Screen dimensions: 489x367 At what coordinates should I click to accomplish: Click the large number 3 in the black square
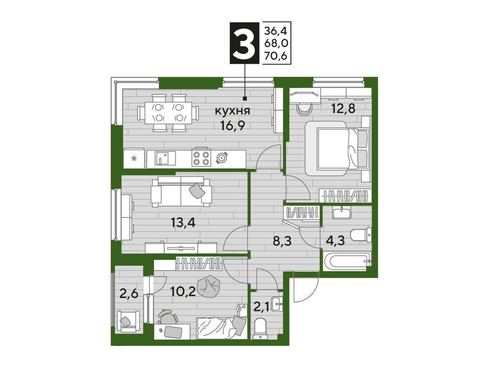pos(244,43)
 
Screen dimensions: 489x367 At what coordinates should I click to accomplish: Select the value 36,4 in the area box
pos(276,31)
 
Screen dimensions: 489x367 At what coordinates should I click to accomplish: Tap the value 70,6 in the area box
pos(276,56)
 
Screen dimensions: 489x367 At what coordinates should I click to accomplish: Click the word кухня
pos(233,111)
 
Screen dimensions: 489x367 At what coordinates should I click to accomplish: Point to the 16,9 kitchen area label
pos(233,126)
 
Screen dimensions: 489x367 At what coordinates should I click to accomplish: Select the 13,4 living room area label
pos(183,223)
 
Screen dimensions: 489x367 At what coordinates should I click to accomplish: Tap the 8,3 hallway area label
pos(282,241)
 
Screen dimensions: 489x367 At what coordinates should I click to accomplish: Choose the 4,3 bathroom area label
pos(335,241)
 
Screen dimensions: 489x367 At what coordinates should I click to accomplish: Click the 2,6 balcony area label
pos(129,294)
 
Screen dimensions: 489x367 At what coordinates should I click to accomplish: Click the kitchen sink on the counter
pos(165,158)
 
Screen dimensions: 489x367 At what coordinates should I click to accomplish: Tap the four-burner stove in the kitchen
pos(201,158)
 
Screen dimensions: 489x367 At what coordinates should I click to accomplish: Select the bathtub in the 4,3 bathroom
pos(346,261)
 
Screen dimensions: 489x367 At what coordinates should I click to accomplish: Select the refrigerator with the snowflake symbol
pos(134,158)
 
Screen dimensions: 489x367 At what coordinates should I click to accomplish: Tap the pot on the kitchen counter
pos(222,158)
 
